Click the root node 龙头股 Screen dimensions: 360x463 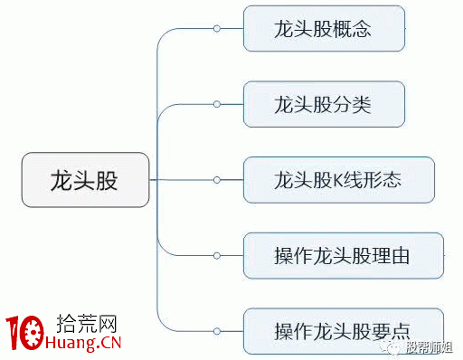pos(85,180)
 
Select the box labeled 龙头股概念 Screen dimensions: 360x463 pos(324,30)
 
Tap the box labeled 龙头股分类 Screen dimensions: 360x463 pos(323,105)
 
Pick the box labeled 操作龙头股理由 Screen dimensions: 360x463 pos(343,255)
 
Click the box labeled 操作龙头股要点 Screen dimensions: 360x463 pos(343,328)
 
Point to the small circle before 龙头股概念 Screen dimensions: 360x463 pos(217,30)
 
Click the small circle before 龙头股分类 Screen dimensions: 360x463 pos(217,105)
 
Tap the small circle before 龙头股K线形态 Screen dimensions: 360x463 pos(217,180)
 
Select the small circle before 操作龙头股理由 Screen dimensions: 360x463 pos(217,255)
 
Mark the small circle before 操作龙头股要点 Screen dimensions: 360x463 pos(217,328)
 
